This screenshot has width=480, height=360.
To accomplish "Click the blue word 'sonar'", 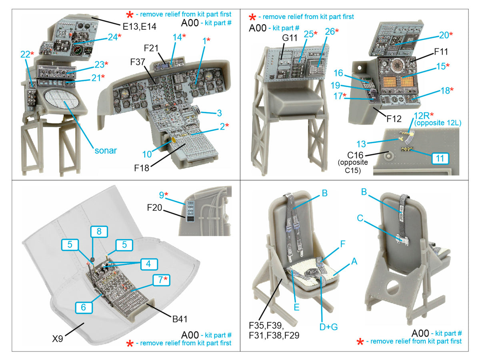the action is point(106,151).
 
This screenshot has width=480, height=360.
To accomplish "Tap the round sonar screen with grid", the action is point(62,100).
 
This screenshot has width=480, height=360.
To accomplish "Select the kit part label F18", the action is point(142,168).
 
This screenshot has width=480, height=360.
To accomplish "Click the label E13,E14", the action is point(139,27).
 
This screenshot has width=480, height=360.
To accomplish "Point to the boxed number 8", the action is point(99,232).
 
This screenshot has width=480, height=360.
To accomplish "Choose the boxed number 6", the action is point(84,307).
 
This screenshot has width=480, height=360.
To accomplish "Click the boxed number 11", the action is point(440,158).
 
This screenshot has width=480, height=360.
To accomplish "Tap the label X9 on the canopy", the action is point(58,338).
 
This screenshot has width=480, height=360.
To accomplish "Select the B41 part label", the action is point(180,319).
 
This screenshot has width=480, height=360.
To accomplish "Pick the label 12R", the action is point(422,116).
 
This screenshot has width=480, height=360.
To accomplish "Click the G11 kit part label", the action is point(290,38).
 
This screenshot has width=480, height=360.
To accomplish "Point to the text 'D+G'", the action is point(328,327).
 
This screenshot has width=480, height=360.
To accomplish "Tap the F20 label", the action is point(154,208).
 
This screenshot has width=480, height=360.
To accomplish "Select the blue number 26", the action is point(330,32).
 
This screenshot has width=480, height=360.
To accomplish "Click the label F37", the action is point(138,62).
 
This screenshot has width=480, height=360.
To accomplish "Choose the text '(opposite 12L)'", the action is point(438,123).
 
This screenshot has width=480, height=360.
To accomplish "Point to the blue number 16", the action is point(338,73).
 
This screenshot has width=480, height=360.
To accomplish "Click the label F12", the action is point(394,119).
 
